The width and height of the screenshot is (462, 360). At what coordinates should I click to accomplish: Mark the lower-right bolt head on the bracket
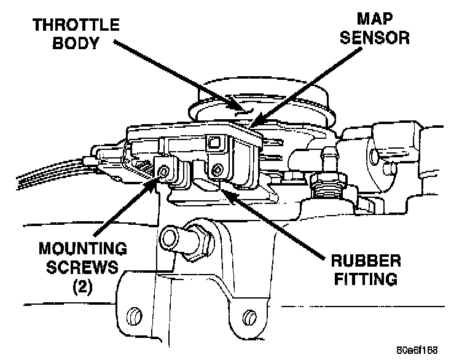(249, 317)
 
